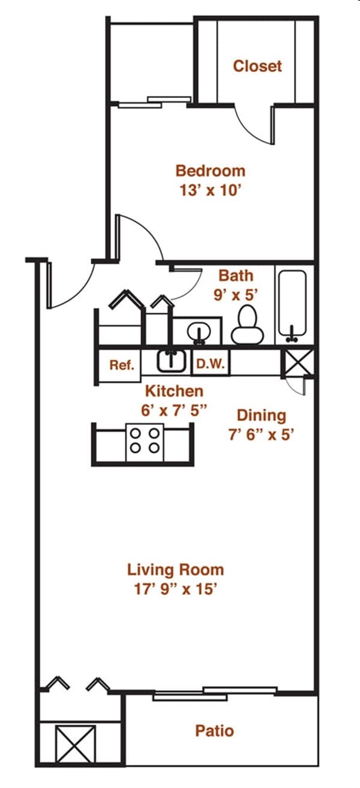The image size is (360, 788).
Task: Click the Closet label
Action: click(x=257, y=66)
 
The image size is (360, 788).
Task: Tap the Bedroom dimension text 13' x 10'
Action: click(x=210, y=191)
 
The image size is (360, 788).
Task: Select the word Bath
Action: click(x=235, y=276)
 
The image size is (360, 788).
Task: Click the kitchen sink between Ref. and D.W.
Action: click(x=171, y=361)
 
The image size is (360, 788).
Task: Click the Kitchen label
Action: click(x=174, y=391)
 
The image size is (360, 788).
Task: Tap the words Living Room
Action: click(x=175, y=570)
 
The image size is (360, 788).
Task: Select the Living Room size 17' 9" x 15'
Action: click(x=175, y=589)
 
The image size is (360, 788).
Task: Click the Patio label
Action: click(x=214, y=731)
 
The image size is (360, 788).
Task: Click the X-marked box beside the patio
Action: click(x=75, y=744)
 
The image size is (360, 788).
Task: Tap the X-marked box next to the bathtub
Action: click(x=297, y=363)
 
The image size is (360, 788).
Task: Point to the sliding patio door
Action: click(x=214, y=693)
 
